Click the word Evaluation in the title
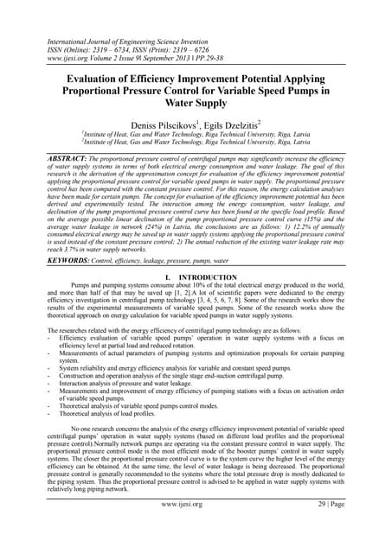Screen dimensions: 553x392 (97, 75)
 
